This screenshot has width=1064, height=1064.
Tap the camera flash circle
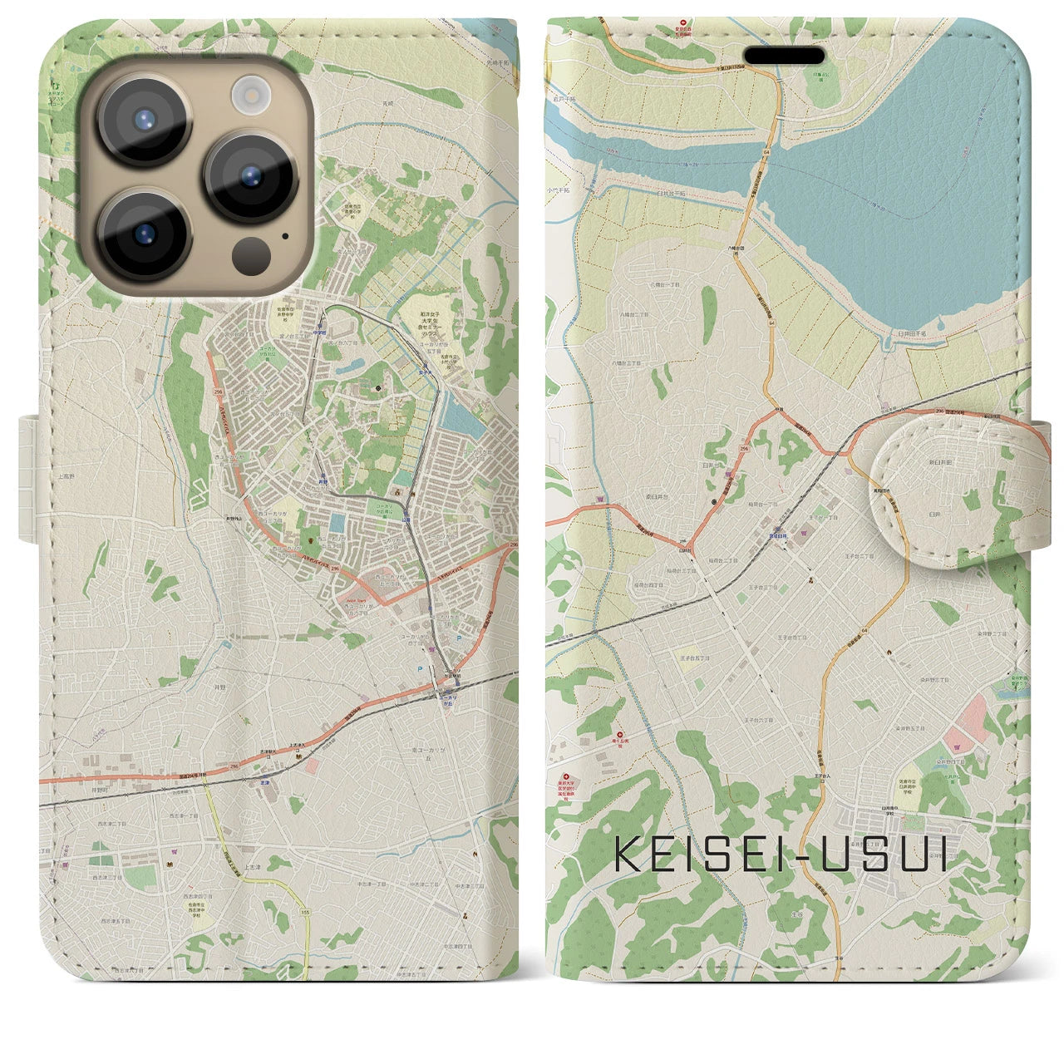(247, 92)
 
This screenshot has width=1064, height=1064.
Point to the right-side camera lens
(251, 175)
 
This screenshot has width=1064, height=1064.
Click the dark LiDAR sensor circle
(247, 252)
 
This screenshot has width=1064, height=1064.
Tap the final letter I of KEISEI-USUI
(941, 853)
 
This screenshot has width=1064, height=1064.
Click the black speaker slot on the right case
(784, 55)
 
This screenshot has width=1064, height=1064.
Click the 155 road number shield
(305, 913)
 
